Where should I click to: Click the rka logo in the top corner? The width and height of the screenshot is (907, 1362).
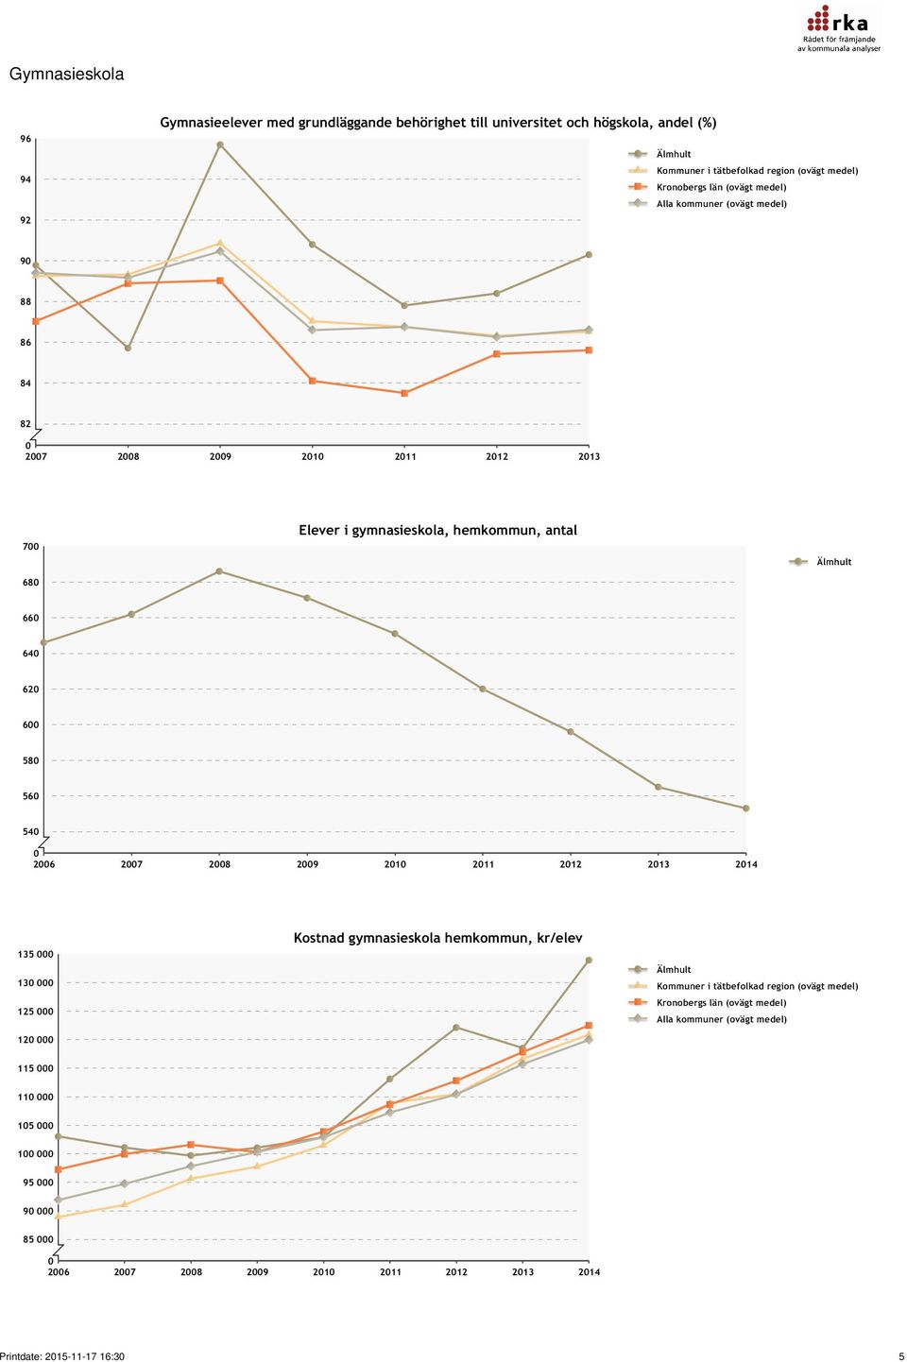(x=839, y=28)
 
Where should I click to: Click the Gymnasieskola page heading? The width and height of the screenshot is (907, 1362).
(x=66, y=75)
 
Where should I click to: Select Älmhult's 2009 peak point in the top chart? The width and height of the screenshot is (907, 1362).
(x=220, y=145)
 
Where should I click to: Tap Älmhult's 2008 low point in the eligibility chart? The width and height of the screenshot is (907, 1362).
(x=128, y=348)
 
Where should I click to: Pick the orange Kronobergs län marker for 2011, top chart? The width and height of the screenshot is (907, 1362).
(x=404, y=393)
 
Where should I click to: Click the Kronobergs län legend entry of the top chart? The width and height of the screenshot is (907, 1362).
(x=708, y=187)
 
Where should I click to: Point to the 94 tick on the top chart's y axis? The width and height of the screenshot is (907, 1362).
(x=25, y=179)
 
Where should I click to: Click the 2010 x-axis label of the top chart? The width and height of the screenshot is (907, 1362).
(x=313, y=456)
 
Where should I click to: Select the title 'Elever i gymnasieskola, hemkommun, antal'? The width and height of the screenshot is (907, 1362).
(x=437, y=530)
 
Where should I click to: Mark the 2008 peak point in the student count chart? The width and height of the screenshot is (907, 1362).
(x=219, y=570)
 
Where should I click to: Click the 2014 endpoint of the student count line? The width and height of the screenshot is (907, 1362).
(x=746, y=809)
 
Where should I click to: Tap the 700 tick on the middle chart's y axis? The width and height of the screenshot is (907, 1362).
(x=30, y=547)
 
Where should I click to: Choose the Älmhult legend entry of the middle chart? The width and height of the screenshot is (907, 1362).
(x=820, y=562)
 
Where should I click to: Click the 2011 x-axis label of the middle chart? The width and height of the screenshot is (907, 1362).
(x=483, y=864)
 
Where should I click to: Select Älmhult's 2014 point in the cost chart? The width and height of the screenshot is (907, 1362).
(x=589, y=960)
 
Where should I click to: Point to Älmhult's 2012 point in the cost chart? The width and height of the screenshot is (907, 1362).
(x=456, y=1027)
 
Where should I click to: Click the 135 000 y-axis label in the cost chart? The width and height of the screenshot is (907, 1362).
(x=35, y=954)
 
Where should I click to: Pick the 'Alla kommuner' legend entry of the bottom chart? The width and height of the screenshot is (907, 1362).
(x=708, y=1019)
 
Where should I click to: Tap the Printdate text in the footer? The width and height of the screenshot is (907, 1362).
(x=62, y=1356)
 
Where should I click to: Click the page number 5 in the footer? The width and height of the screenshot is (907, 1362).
(x=901, y=1356)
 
